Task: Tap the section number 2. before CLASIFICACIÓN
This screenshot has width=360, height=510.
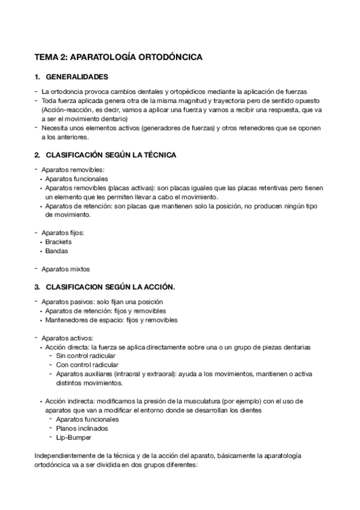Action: click(37, 155)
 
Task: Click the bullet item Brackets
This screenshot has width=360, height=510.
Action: click(58, 242)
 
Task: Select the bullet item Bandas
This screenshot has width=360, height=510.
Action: click(56, 251)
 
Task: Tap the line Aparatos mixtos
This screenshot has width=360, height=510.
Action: click(66, 268)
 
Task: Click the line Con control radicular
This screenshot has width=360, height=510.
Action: click(87, 364)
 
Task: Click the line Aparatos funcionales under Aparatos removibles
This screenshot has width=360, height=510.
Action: click(76, 179)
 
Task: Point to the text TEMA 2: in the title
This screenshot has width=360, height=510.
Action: click(51, 57)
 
